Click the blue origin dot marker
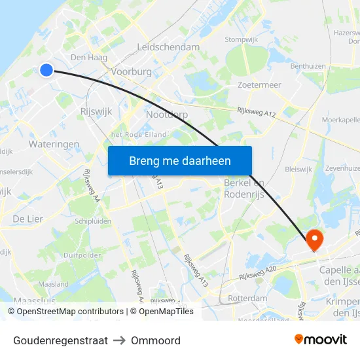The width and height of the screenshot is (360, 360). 46,69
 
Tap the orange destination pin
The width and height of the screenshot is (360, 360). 314,240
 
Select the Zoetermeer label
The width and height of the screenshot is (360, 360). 259,85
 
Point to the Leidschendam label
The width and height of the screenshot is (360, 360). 168,47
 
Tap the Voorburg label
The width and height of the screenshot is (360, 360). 132,71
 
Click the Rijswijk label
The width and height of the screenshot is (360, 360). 95,111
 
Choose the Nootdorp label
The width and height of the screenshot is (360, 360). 167,115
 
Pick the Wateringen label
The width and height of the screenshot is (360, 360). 54,144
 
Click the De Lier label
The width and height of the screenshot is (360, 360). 27,219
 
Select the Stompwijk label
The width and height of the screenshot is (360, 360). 241,39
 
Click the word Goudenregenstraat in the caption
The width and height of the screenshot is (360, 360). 60,340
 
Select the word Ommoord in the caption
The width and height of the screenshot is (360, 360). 156,340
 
